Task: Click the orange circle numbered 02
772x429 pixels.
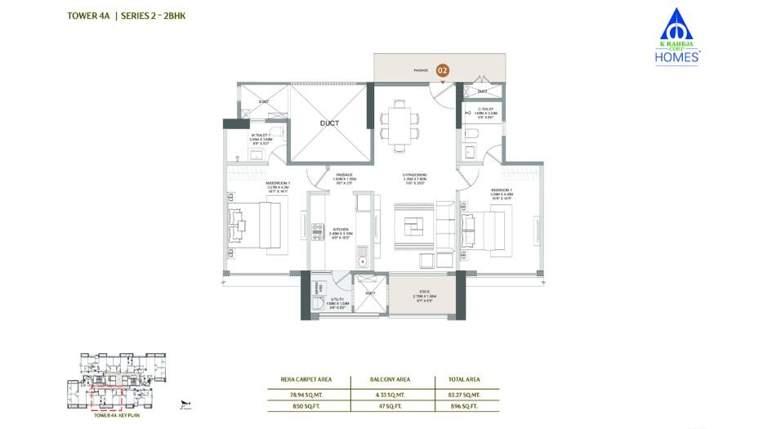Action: (443, 71)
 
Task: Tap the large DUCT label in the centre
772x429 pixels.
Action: (329, 124)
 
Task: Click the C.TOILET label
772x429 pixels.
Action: (485, 112)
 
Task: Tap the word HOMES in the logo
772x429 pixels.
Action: (678, 57)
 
